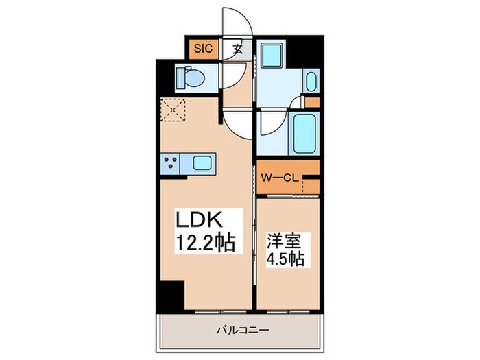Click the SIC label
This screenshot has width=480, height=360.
pyautogui.click(x=204, y=49)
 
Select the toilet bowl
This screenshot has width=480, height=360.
pyautogui.click(x=191, y=78)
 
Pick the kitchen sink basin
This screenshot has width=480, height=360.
pyautogui.click(x=203, y=163)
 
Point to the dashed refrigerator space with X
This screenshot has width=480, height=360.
pyautogui.click(x=173, y=110)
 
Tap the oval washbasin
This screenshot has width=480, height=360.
pyautogui.click(x=310, y=82)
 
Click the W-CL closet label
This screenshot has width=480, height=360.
pyautogui.click(x=280, y=178)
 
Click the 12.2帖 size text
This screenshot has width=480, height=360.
pyautogui.click(x=206, y=242)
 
